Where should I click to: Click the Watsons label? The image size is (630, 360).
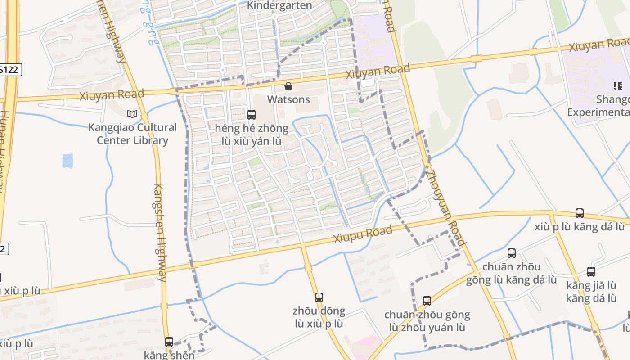288,99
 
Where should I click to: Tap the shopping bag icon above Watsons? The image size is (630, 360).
288,86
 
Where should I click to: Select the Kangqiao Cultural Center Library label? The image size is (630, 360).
132,134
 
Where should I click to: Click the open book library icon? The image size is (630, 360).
132,114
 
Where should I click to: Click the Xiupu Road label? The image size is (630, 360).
363,234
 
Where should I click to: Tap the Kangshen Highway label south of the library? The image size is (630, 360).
160,232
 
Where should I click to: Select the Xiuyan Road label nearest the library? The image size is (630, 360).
112,95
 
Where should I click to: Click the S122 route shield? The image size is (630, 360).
9,70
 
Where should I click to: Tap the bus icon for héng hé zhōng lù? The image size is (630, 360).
252,114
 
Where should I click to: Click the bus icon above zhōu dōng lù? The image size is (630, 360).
319,297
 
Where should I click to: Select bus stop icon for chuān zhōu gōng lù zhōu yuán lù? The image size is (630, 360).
427,301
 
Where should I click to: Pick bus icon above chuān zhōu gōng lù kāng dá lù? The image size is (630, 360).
511,253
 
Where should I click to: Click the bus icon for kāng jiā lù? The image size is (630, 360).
591,272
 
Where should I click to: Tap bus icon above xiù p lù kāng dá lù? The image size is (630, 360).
580,213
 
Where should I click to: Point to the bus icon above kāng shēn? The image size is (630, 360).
169,342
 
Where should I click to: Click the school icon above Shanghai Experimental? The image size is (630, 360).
618,85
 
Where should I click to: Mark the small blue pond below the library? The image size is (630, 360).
67,161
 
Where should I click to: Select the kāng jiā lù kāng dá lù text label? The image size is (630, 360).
591,292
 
